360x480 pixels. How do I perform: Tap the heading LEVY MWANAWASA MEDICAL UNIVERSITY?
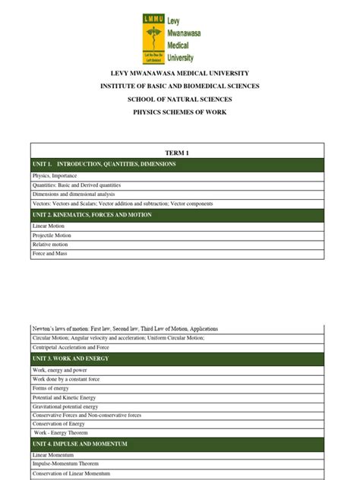181,74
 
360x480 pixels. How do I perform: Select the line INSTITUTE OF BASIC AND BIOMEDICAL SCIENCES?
181,87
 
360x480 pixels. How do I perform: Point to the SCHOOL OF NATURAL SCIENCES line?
181,99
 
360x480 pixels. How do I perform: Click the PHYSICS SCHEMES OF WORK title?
181,112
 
